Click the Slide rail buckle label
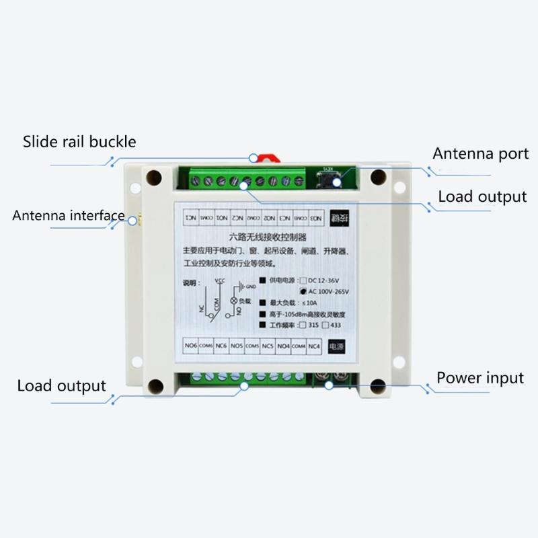click(79, 142)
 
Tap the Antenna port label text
click(480, 153)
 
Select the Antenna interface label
click(69, 215)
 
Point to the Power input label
click(479, 377)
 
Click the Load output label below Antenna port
click(482, 196)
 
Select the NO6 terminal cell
click(190, 346)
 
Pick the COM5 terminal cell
click(252, 346)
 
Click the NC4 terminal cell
click(313, 346)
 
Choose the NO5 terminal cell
click(236, 346)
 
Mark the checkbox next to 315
click(302, 325)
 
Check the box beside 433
click(327, 325)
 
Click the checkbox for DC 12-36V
click(303, 280)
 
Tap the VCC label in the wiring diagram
click(218, 279)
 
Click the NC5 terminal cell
click(267, 346)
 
